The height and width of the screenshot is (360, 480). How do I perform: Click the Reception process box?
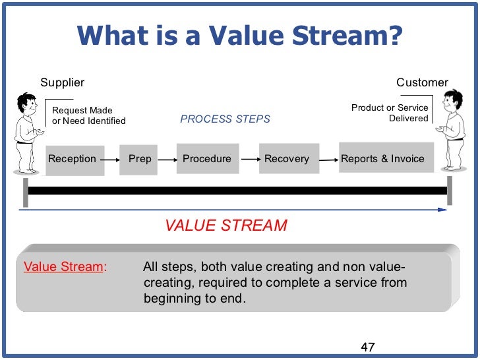(x=73, y=159)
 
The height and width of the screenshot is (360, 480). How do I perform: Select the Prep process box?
(x=139, y=159)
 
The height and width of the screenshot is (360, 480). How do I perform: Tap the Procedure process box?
(x=206, y=159)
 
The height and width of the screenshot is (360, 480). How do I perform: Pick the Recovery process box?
(x=286, y=159)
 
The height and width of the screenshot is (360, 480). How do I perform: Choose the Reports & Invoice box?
(x=382, y=159)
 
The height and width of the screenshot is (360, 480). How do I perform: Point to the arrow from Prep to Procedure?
(x=168, y=159)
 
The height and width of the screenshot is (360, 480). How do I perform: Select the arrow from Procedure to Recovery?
(x=249, y=159)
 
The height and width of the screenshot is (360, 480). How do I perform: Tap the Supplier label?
(x=63, y=82)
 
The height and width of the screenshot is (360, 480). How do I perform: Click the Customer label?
(x=422, y=82)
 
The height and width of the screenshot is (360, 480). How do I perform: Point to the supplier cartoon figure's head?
(x=26, y=104)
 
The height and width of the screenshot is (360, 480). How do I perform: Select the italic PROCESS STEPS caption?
(x=225, y=119)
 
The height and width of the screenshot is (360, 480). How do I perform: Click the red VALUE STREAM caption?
(x=226, y=225)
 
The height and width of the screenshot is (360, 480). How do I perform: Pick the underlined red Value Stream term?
(x=64, y=267)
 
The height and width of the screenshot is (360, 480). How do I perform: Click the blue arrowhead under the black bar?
(x=442, y=210)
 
